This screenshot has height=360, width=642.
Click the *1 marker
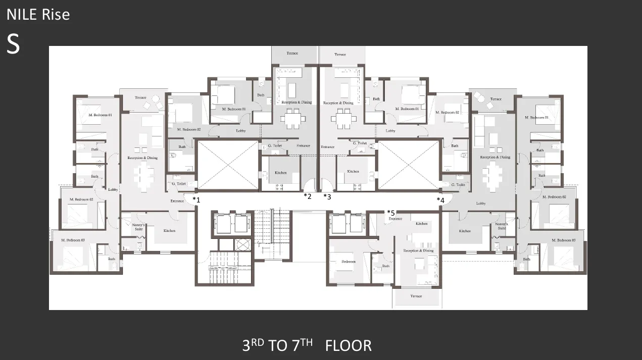tap(196, 199)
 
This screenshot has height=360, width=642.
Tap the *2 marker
tap(308, 196)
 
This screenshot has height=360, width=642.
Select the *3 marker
tap(327, 196)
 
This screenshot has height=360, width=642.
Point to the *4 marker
tap(440, 200)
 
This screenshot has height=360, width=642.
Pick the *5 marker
tap(390, 213)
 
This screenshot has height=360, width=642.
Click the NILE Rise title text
tap(38, 15)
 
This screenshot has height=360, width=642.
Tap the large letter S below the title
tap(13, 44)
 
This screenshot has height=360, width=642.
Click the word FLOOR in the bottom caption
tap(348, 346)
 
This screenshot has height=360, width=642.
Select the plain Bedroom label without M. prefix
tap(348, 262)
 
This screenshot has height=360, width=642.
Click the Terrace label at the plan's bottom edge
tap(416, 296)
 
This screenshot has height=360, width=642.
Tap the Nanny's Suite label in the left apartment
tap(138, 227)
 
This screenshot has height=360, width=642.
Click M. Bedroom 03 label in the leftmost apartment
tap(73, 240)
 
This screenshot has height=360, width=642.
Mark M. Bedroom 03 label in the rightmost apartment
tap(563, 240)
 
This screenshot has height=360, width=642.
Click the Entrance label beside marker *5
tap(396, 219)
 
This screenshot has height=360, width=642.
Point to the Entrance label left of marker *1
tap(177, 201)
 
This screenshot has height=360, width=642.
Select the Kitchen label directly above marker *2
tap(280, 173)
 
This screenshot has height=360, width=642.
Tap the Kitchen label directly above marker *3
tap(353, 172)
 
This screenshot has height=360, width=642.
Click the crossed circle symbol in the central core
tap(243, 244)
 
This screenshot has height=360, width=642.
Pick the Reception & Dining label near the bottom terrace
tap(418, 250)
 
